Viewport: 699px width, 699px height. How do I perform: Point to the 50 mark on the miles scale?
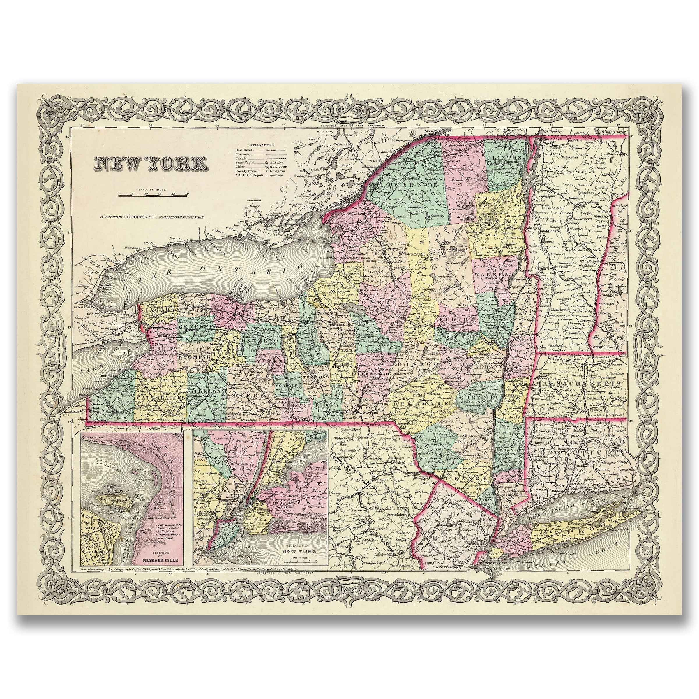click(x=187, y=194)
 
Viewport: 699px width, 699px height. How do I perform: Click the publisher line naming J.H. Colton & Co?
click(x=149, y=218)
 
